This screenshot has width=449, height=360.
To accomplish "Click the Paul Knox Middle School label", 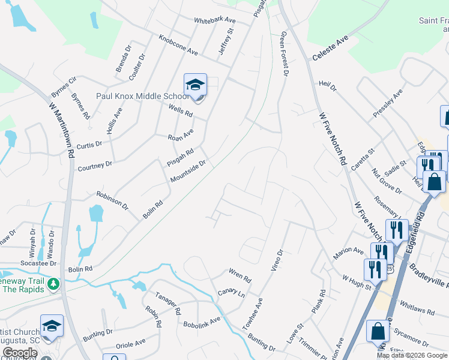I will tap(143, 96).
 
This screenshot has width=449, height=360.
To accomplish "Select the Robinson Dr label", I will tap(112, 199).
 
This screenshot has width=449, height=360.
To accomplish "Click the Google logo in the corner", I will tap(20, 353).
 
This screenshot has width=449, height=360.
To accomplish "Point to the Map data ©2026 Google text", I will tap(411, 355).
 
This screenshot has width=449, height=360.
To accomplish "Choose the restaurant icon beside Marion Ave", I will tap(382, 253).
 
